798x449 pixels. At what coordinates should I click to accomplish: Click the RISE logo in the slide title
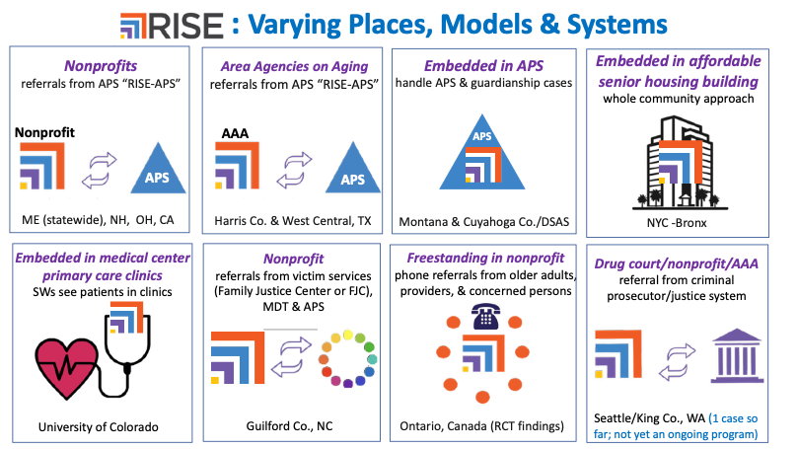click(172, 26)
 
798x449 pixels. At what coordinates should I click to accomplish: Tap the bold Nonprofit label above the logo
click(44, 133)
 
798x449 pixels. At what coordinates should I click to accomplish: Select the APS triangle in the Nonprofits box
click(158, 168)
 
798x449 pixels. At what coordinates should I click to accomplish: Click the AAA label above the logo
click(235, 133)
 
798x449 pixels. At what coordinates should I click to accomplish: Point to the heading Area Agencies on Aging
click(294, 67)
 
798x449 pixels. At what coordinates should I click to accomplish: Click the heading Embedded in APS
click(483, 66)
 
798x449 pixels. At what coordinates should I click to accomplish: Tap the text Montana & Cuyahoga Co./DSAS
click(484, 222)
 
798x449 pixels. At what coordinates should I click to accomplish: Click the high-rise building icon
click(680, 163)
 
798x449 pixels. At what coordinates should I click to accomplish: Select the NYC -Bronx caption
click(677, 223)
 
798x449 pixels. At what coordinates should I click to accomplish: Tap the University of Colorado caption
click(99, 427)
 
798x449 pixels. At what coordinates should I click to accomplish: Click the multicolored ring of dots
click(347, 359)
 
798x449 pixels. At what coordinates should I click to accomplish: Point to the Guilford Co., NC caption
click(290, 426)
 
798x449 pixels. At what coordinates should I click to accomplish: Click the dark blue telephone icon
click(485, 316)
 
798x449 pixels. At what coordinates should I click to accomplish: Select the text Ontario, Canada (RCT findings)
click(482, 426)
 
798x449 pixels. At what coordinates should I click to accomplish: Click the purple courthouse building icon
click(737, 356)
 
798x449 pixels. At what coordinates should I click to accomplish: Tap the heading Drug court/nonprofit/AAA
click(677, 263)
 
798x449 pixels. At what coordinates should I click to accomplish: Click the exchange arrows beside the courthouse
click(677, 362)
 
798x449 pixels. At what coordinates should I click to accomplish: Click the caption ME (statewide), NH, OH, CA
click(98, 220)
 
